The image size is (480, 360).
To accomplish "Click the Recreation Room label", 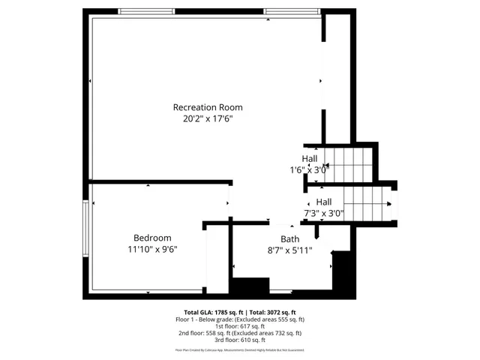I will point(208,107).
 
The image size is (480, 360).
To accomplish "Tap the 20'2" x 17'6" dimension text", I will point(208,118).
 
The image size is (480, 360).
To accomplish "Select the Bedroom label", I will point(152,238).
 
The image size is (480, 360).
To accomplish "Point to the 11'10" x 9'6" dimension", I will point(152,249).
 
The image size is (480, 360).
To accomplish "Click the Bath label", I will point(289,239).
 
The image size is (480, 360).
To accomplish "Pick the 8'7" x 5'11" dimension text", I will point(289,250).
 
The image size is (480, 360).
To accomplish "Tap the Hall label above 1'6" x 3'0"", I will point(310,159).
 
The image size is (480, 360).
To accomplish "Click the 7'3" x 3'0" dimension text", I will point(323,213).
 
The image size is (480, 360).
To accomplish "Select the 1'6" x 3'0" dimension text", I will point(310,170).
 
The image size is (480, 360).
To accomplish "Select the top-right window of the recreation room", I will point(286,12).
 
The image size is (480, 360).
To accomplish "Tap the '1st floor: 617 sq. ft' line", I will point(239,326).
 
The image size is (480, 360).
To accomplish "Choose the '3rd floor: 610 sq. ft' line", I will point(239,340).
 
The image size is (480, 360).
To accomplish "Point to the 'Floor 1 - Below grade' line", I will point(239,319).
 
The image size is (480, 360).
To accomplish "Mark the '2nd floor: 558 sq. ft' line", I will point(239,334).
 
